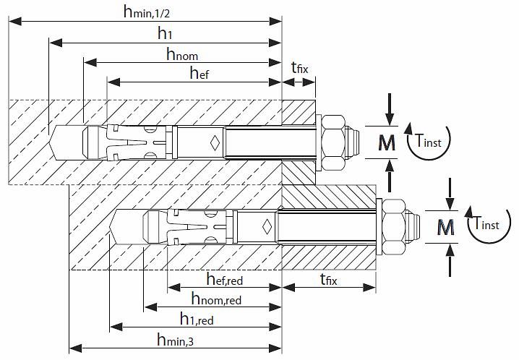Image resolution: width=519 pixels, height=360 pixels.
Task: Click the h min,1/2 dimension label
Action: point(146,12)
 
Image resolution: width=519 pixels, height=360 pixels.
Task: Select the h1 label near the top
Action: point(165,33)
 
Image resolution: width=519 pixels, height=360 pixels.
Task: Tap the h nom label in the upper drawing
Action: point(182,53)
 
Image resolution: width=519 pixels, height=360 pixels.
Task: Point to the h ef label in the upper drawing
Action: point(200,72)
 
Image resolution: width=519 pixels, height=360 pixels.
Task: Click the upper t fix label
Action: point(299,67)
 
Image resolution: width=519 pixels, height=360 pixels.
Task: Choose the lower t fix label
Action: point(328,279)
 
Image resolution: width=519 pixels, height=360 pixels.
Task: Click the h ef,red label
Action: point(224,278)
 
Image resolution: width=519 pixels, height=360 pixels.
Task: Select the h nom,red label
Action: point(216,299)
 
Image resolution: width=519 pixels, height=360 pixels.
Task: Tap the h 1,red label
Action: point(197,319)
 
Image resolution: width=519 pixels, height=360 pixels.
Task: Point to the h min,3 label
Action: point(175,340)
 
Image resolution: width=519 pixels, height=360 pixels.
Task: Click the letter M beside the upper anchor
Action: point(387,142)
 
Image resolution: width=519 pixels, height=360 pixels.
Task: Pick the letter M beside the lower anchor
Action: point(445,227)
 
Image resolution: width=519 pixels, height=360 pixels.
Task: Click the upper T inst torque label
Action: point(428,140)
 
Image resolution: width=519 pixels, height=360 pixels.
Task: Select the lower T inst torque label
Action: point(486,223)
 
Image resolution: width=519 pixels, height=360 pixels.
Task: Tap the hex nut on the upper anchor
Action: point(334,142)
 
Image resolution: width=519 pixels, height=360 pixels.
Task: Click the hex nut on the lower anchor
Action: point(393,227)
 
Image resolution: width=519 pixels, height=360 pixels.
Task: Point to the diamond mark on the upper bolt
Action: point(215,143)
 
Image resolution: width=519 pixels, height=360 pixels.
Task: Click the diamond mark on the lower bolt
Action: point(267,227)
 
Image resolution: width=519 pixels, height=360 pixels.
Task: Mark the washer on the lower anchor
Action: point(379,227)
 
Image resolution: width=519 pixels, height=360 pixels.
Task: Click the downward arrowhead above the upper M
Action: point(390,119)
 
